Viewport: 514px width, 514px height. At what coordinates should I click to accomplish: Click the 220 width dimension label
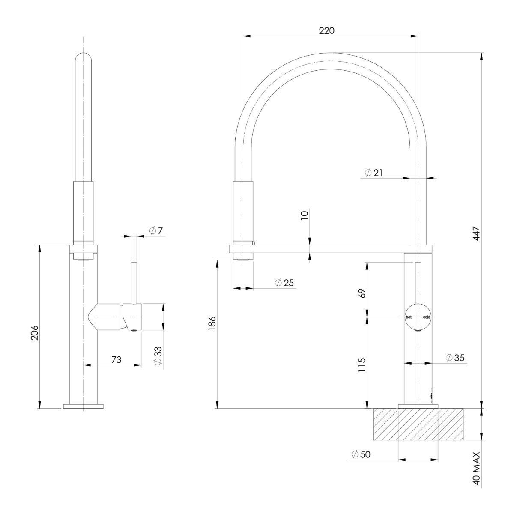click(x=326, y=30)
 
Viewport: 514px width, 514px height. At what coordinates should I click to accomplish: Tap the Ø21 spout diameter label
click(x=374, y=173)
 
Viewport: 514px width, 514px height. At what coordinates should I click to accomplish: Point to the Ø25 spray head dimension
click(x=284, y=283)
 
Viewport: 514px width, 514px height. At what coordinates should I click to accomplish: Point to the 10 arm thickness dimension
click(x=305, y=215)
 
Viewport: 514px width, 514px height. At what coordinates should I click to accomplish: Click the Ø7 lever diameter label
click(x=156, y=231)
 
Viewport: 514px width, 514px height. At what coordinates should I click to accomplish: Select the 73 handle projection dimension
click(x=116, y=360)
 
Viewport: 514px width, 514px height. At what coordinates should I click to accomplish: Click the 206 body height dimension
click(x=35, y=332)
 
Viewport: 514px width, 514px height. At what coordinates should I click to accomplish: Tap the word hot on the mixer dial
click(x=409, y=317)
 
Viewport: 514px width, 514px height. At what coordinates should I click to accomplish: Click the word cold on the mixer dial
click(x=427, y=317)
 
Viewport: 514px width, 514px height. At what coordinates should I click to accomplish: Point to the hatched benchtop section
click(x=418, y=424)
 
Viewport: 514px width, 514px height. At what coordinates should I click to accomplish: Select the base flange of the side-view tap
click(x=84, y=406)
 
